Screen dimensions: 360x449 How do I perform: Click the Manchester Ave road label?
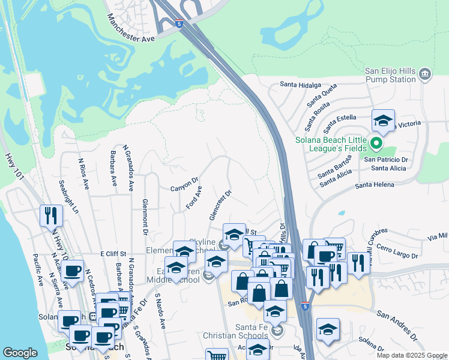[130, 28]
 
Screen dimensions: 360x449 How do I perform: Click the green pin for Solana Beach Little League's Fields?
[376, 143]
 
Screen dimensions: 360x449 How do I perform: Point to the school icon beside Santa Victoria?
[382, 120]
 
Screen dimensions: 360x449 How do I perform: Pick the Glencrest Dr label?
[220, 205]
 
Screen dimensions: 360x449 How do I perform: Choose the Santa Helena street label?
[375, 185]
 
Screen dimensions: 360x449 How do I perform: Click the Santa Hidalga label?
[295, 85]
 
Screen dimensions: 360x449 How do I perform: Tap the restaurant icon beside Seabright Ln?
[50, 215]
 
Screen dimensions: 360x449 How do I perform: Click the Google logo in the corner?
[20, 352]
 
